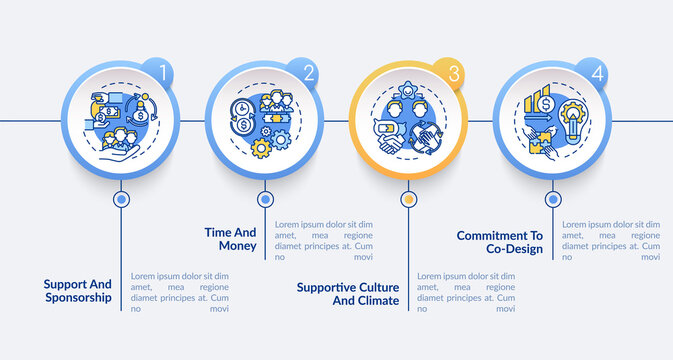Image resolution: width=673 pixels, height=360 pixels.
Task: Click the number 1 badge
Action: [159, 73]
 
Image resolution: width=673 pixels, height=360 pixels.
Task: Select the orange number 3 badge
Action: [451, 73]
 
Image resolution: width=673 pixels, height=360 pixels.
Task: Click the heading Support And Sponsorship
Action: [79, 290]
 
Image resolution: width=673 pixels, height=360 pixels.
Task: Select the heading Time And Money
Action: [231, 239]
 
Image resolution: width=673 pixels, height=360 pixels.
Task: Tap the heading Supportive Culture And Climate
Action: [348, 293]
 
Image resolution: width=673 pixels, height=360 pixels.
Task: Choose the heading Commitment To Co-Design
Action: [499, 242]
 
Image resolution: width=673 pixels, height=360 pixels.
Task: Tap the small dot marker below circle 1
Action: [122, 199]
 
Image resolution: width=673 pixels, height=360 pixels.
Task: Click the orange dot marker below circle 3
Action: [408, 199]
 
